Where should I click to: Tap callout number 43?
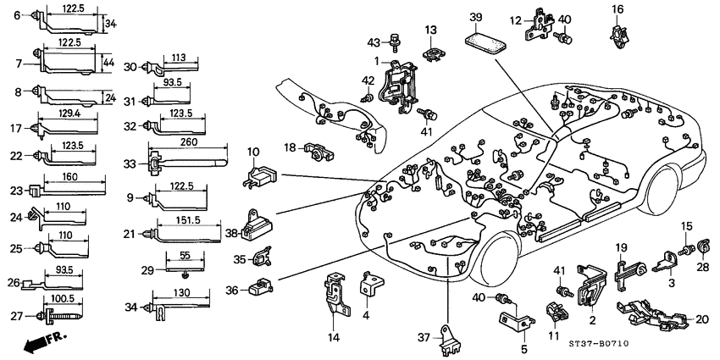(x=374, y=43)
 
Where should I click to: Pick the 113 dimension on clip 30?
(x=178, y=58)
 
